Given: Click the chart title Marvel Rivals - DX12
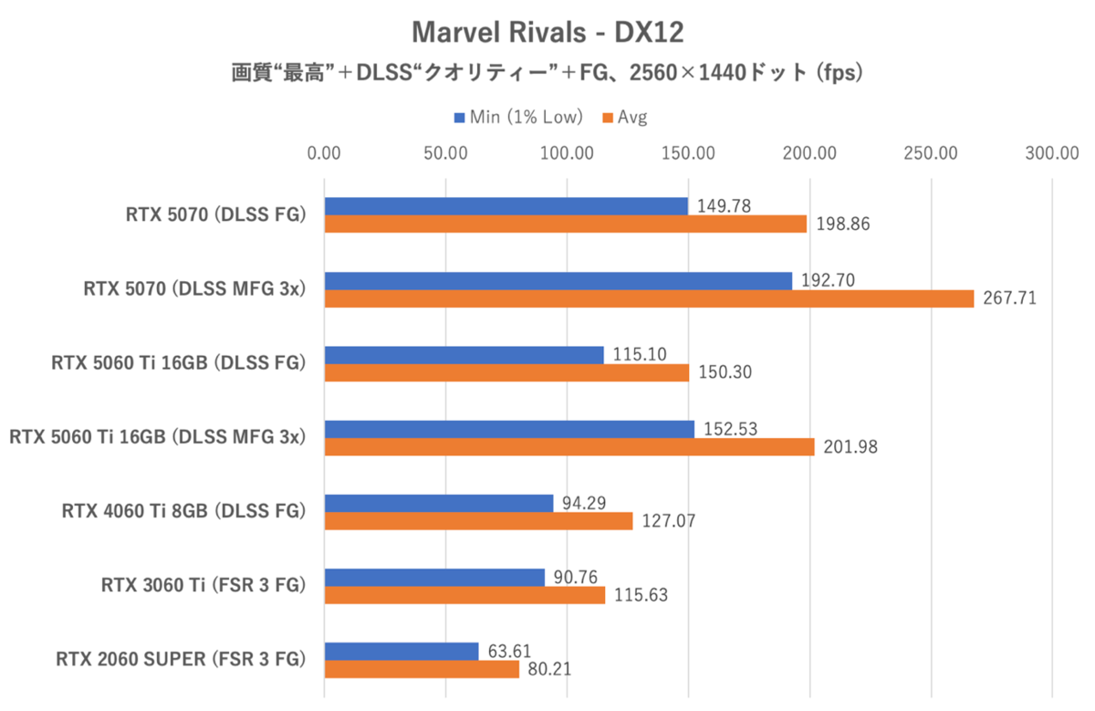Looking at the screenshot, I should pyautogui.click(x=547, y=33).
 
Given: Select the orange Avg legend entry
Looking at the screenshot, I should pyautogui.click(x=625, y=117).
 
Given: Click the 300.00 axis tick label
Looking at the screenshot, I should pyautogui.click(x=1052, y=153).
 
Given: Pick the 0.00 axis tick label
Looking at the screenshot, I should pyautogui.click(x=325, y=153).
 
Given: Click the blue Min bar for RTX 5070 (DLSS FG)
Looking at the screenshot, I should pyautogui.click(x=506, y=206).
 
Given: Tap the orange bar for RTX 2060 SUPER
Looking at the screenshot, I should pyautogui.click(x=422, y=669).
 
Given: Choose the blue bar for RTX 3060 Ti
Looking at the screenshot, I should pyautogui.click(x=434, y=577).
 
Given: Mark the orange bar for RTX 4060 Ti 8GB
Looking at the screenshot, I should pyautogui.click(x=478, y=521).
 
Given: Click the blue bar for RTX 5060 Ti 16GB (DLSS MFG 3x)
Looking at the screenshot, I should pyautogui.click(x=509, y=429).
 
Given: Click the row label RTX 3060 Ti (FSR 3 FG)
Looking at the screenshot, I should pyautogui.click(x=203, y=585).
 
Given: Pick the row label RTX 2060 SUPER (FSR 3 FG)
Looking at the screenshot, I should pyautogui.click(x=180, y=659).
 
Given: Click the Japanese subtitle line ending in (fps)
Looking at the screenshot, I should pyautogui.click(x=547, y=74).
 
